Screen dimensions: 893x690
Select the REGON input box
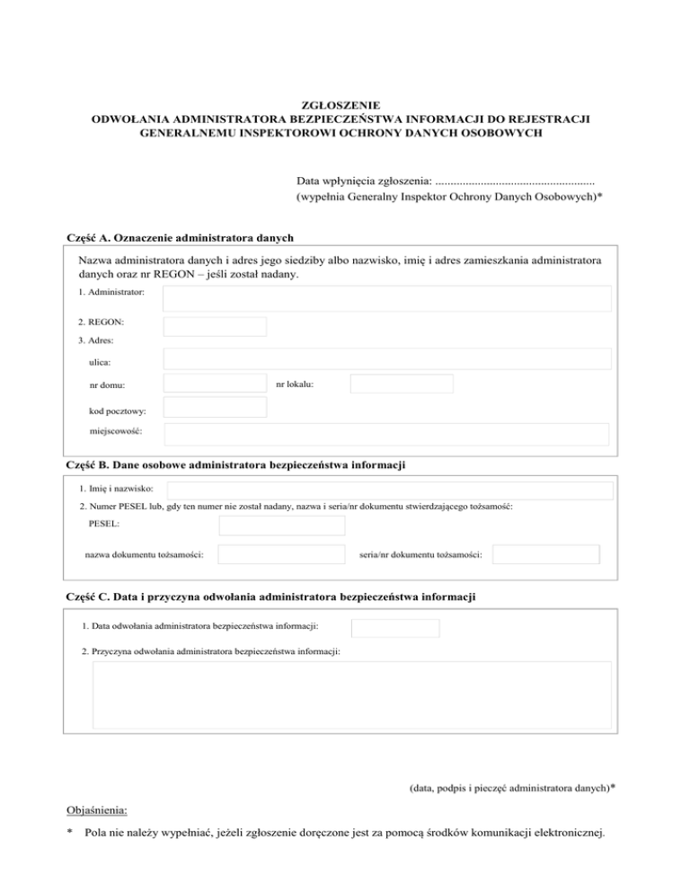click(215, 327)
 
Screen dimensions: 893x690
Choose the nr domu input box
click(215, 385)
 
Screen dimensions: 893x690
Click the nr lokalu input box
click(402, 385)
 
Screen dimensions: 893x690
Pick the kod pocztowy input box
click(215, 408)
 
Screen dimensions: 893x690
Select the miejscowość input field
click(386, 434)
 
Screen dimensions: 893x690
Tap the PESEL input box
click(281, 525)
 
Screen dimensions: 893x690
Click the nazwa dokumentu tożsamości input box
click(281, 554)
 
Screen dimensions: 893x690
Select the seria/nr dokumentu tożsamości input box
click(545, 554)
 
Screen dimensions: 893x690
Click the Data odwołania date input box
click(395, 628)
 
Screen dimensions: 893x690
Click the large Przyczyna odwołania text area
click(351, 695)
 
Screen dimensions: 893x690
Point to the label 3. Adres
click(95, 340)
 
